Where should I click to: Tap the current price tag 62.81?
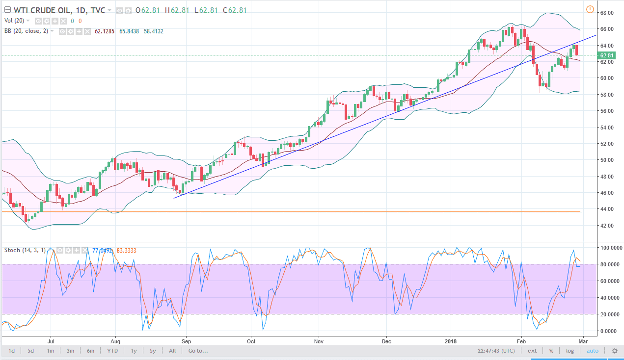pos(608,55)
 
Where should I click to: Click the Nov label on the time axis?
pos(319,340)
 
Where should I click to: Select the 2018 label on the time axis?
pos(450,340)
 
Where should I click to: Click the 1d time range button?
pos(12,351)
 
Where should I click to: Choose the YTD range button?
pos(112,351)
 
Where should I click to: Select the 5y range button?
pos(153,351)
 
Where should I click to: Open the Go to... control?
pos(198,351)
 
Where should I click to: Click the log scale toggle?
pos(570,351)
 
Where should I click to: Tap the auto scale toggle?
pos(593,351)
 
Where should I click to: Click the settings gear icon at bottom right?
pos(614,351)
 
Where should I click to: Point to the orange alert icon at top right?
pos(590,9)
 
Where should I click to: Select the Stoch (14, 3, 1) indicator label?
pos(25,250)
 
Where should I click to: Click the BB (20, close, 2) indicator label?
pos(27,31)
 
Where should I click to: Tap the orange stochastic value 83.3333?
pos(127,250)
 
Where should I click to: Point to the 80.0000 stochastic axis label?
pos(610,264)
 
